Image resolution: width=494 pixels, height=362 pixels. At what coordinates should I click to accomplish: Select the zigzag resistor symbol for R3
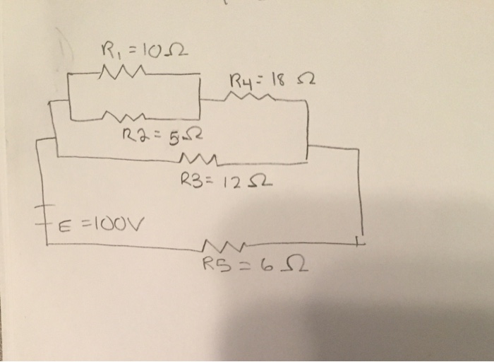click(200, 158)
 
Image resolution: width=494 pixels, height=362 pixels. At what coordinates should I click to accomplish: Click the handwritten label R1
click(109, 51)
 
